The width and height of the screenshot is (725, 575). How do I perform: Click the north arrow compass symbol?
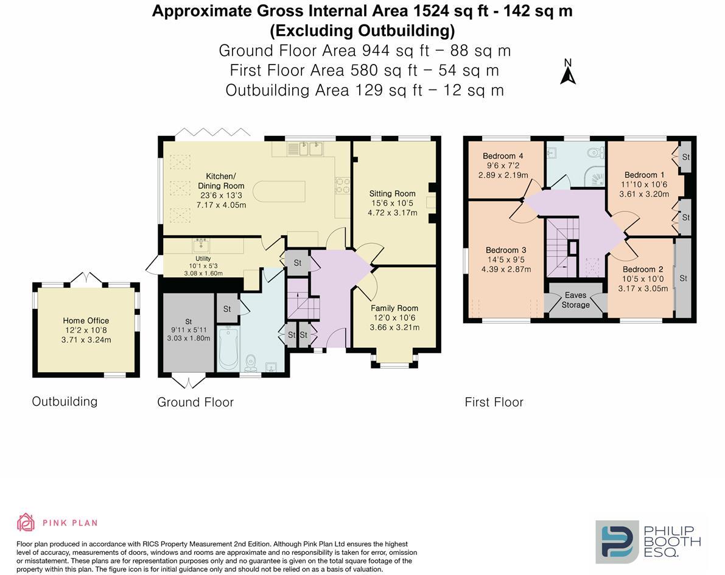(x=568, y=72)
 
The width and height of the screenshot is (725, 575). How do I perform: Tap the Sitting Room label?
(x=392, y=194)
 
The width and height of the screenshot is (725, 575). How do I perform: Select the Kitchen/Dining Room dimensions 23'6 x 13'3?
(x=221, y=196)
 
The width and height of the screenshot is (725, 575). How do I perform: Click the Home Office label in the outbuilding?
(x=86, y=320)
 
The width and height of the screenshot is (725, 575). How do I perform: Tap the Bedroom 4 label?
(x=503, y=156)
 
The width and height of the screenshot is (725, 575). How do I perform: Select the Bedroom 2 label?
(x=643, y=270)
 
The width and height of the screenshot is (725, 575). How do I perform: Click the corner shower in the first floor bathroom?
(x=594, y=176)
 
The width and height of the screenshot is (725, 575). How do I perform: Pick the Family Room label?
(x=394, y=308)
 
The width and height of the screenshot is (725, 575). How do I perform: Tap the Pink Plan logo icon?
(x=26, y=523)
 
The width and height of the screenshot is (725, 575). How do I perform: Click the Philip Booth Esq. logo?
(x=648, y=540)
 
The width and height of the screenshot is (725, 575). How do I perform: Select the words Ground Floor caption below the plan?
(x=195, y=402)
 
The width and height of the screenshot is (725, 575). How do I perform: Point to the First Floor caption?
(x=494, y=402)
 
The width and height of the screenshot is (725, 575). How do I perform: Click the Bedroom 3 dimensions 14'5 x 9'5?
(x=503, y=259)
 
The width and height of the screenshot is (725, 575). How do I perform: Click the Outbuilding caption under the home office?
(x=65, y=401)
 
